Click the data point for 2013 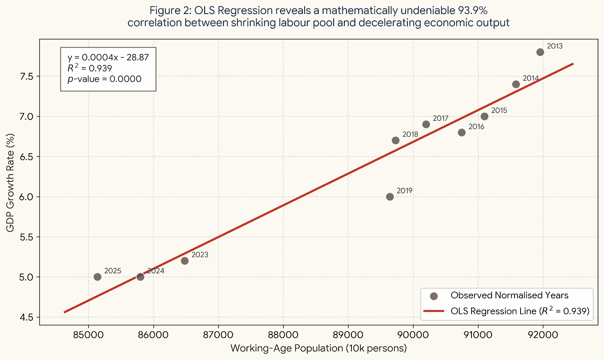pyautogui.click(x=540, y=52)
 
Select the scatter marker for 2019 pyautogui.click(x=390, y=197)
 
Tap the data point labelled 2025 pyautogui.click(x=97, y=277)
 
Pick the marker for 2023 pyautogui.click(x=185, y=261)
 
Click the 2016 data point pyautogui.click(x=462, y=132)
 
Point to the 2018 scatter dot pyautogui.click(x=396, y=140)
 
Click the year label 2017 pyautogui.click(x=441, y=118)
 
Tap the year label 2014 pyautogui.click(x=530, y=78)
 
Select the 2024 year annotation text pyautogui.click(x=156, y=271)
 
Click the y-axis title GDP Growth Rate pyautogui.click(x=10, y=183)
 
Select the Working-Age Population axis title pyautogui.click(x=318, y=348)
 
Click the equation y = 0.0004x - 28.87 pyautogui.click(x=108, y=57)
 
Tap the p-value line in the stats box pyautogui.click(x=105, y=79)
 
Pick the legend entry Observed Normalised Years pyautogui.click(x=509, y=295)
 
